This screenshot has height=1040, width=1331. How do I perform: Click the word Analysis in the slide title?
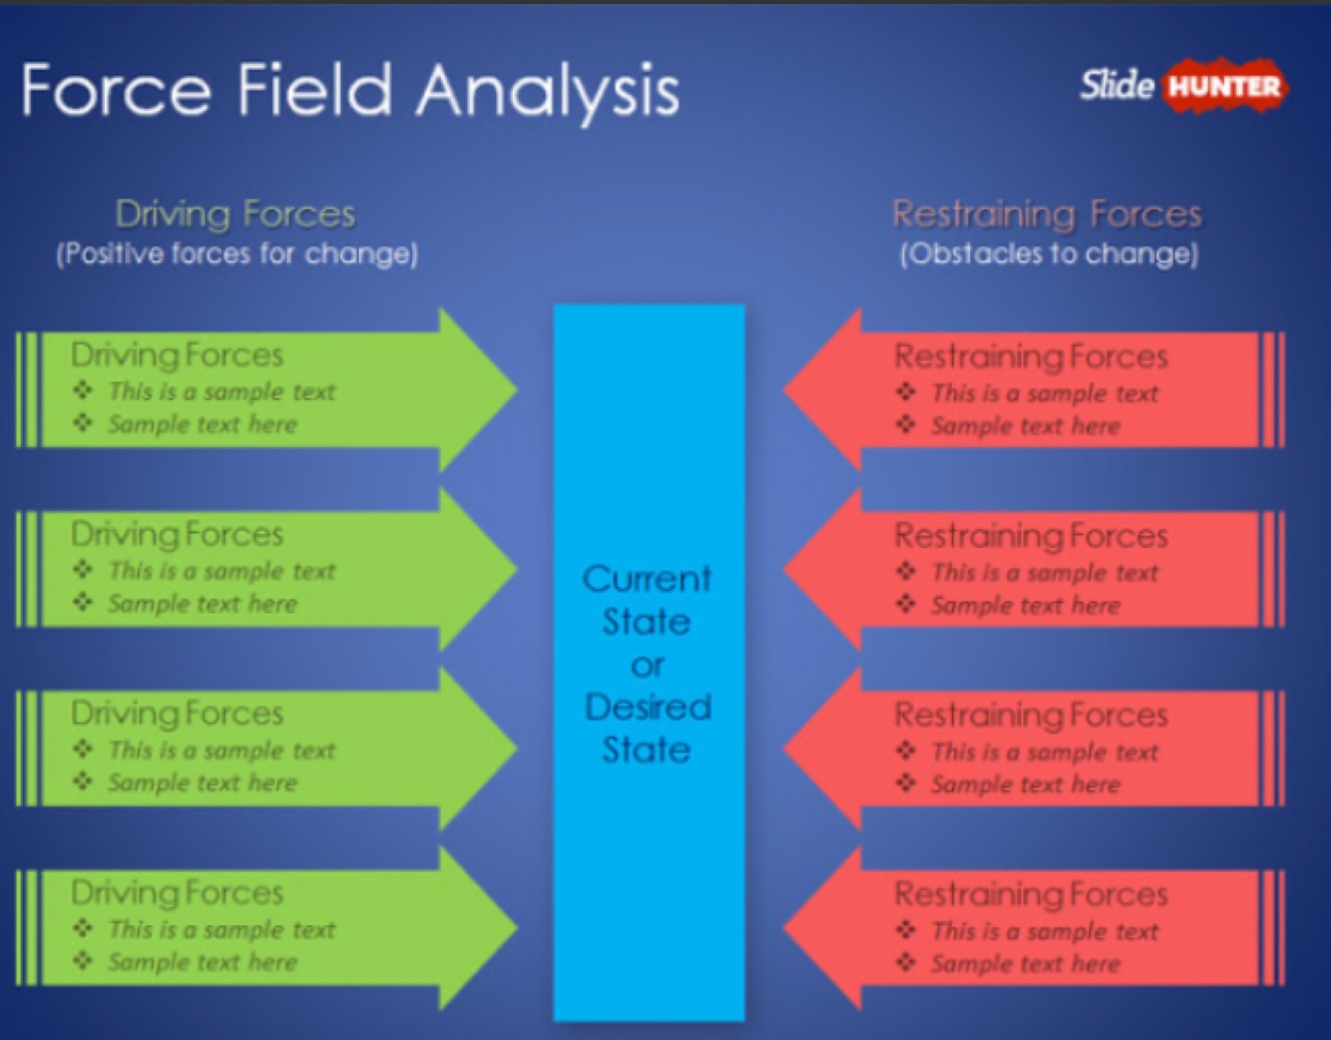click(548, 92)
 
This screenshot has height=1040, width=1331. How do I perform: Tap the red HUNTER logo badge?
click(1224, 87)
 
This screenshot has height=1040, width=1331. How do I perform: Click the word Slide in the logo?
click(1116, 85)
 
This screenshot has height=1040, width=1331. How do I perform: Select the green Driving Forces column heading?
click(235, 214)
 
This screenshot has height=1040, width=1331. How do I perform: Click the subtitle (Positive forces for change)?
click(236, 254)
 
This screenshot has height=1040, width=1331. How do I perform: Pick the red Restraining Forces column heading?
click(1047, 214)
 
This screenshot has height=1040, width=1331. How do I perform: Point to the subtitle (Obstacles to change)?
click(1049, 254)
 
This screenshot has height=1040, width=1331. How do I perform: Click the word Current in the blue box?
click(648, 579)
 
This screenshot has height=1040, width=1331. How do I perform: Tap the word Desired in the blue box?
click(648, 707)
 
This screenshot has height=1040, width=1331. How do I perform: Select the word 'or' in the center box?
click(648, 664)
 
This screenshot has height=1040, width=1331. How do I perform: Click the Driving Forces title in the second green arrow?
click(178, 535)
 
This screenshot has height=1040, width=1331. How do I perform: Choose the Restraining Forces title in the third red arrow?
click(1031, 715)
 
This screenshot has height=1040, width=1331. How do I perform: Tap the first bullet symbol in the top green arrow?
click(83, 390)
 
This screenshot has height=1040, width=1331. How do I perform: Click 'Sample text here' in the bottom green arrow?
click(203, 962)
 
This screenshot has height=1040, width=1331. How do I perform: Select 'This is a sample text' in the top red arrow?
click(1045, 393)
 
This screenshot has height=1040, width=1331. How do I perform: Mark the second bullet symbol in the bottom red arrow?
click(906, 962)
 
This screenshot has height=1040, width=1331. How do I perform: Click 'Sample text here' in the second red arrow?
click(1026, 605)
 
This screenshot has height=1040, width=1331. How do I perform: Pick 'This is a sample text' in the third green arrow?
click(222, 751)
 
